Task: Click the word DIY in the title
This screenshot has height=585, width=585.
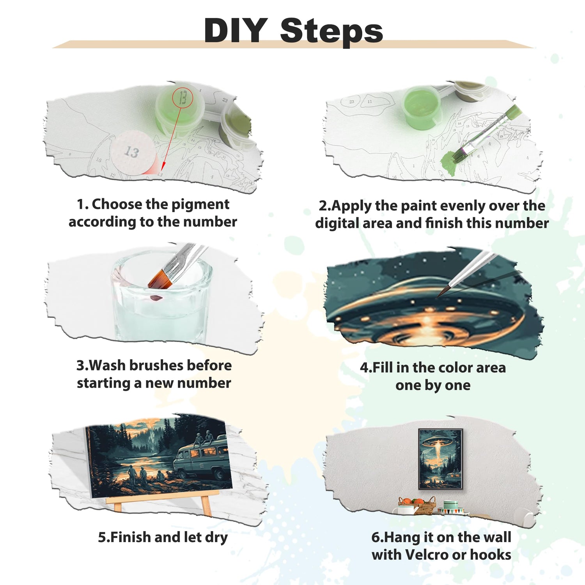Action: [236, 30]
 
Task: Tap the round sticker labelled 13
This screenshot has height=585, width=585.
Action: [131, 152]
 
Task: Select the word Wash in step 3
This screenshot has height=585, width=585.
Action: [107, 365]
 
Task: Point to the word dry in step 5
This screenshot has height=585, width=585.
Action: [216, 537]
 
